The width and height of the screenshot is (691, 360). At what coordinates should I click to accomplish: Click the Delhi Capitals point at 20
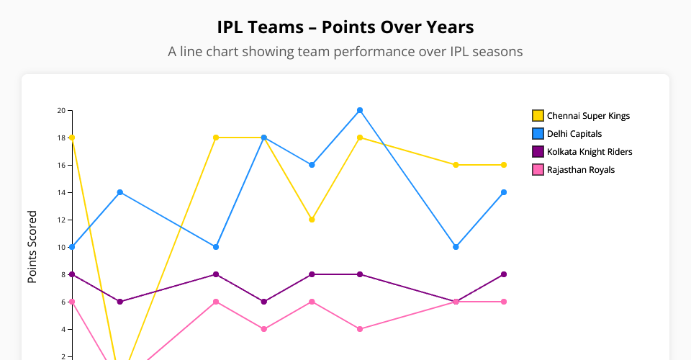point(360,110)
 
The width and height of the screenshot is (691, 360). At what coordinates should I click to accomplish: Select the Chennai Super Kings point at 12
point(312,220)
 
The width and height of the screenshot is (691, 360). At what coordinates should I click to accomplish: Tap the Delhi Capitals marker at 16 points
point(312,165)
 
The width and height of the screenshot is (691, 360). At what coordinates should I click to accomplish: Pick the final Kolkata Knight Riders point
point(504,274)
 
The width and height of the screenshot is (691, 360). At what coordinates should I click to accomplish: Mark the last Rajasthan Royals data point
point(504,302)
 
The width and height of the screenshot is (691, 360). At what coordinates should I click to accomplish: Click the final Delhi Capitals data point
point(504,192)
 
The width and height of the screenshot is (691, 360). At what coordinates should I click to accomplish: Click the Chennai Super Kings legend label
point(588,116)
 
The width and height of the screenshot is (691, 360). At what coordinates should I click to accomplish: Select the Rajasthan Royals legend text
point(581,170)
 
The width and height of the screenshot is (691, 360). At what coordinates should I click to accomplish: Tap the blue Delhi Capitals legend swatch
point(538,134)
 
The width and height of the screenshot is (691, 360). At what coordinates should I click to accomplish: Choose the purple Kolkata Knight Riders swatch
point(538,152)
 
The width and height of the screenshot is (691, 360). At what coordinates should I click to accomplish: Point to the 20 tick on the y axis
point(61,110)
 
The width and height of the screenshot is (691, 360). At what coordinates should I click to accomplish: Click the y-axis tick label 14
point(61,192)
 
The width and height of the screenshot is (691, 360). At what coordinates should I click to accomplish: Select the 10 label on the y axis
point(61,247)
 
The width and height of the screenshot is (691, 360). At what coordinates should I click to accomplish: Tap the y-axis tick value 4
point(63,329)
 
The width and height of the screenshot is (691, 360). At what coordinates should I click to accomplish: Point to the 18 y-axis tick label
point(61,138)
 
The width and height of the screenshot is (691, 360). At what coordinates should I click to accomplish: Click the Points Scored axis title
point(32,246)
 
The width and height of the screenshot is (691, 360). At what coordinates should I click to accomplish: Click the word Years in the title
point(448,27)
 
